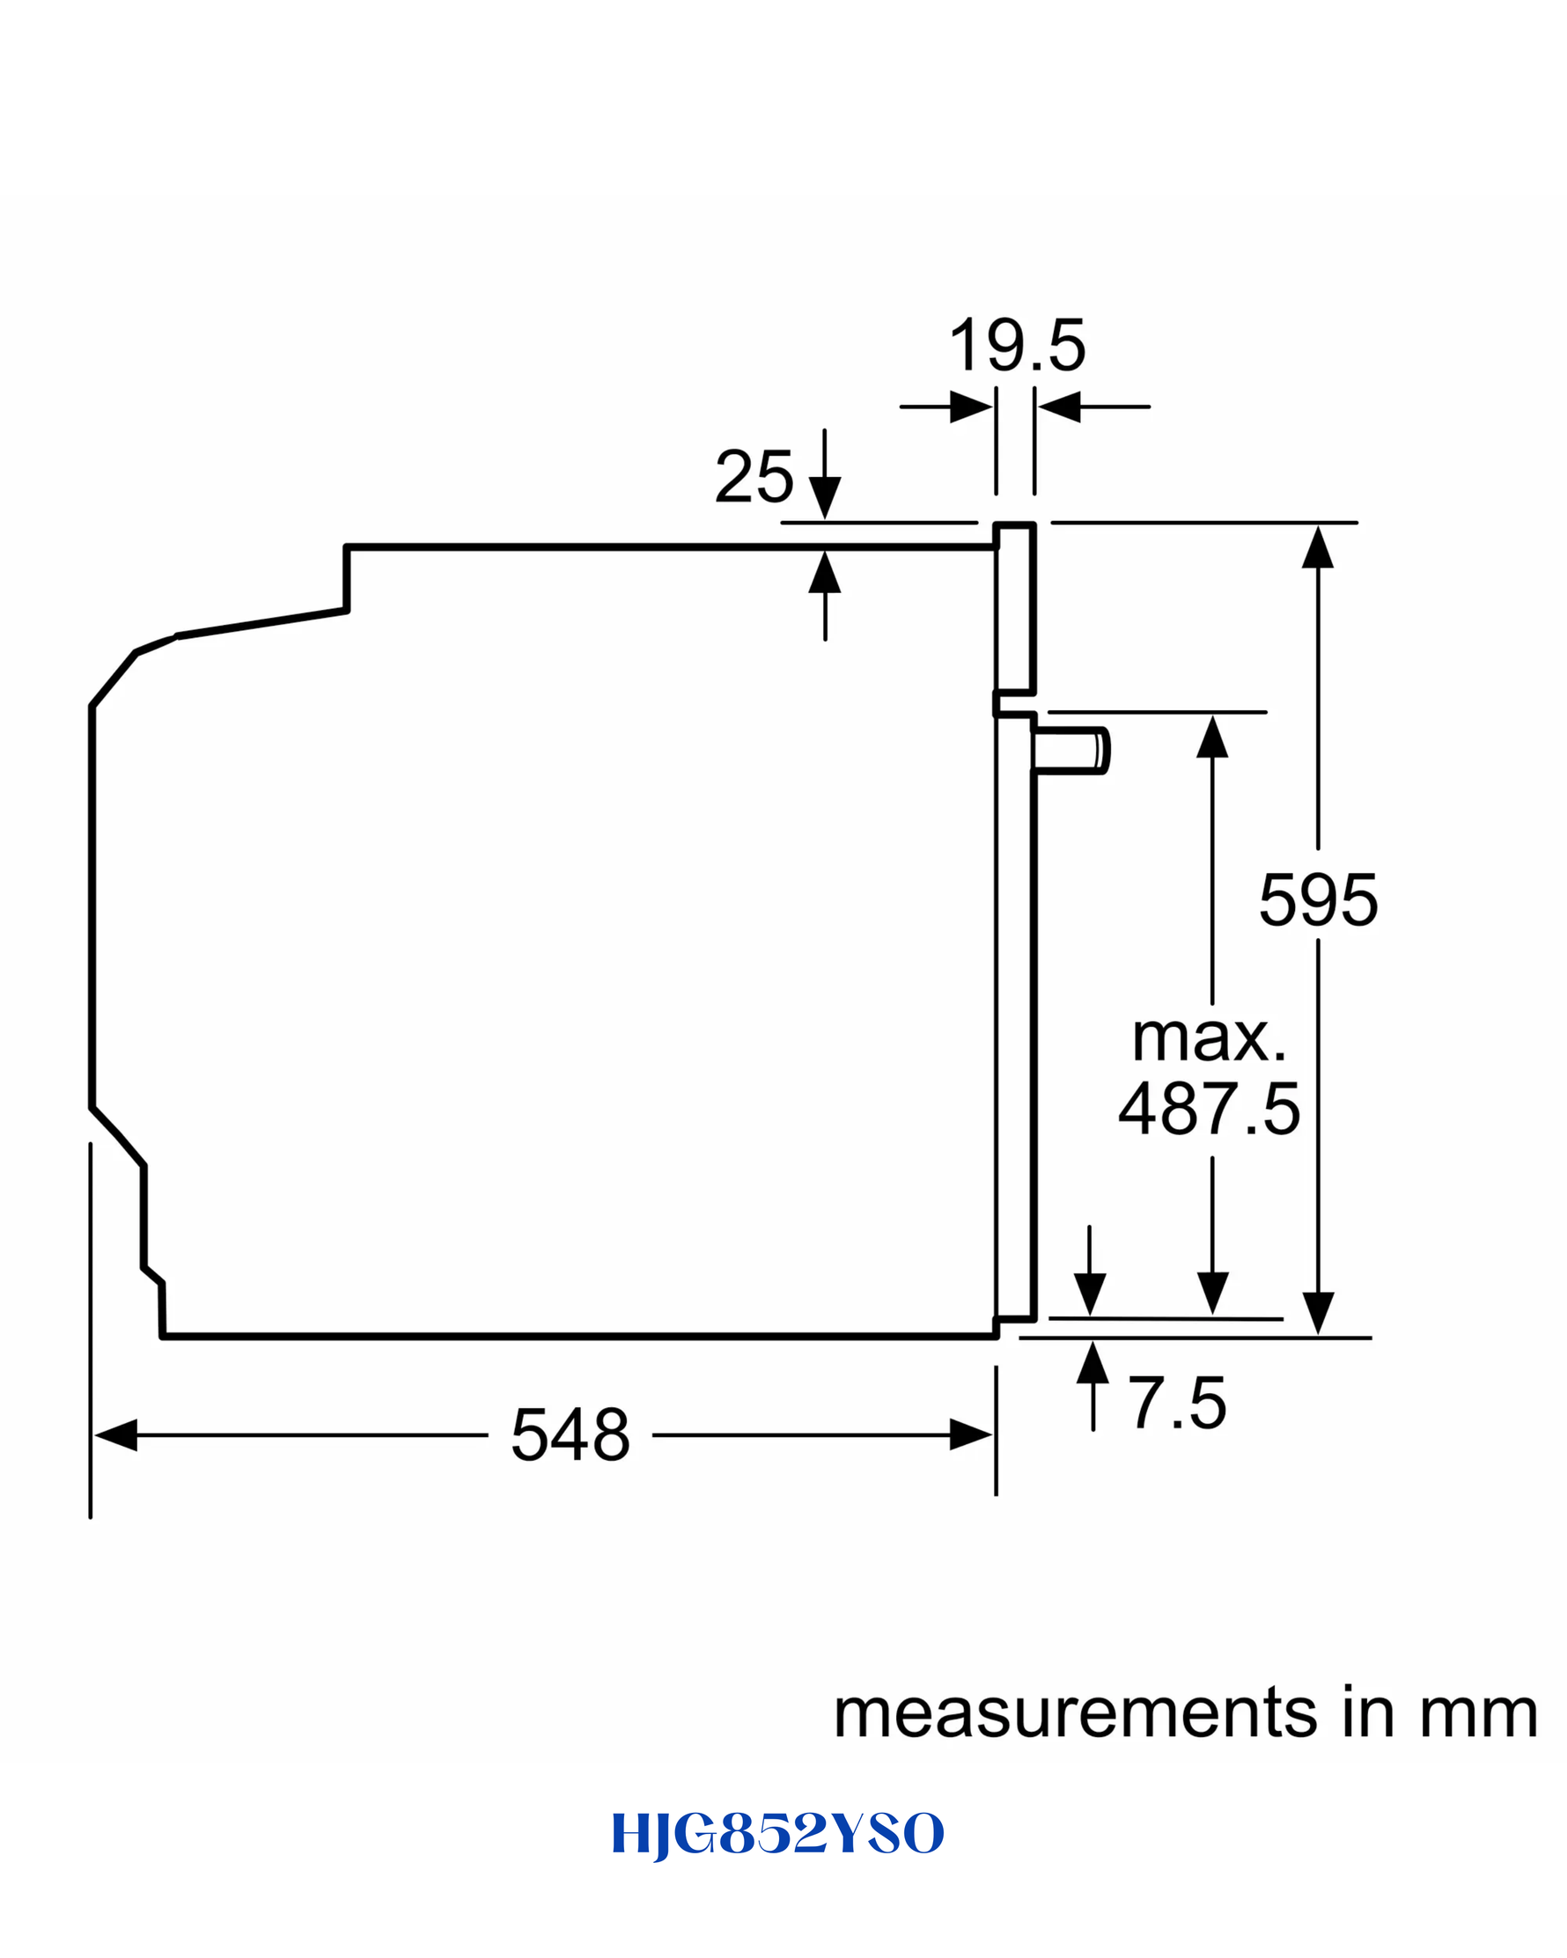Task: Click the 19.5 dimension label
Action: [x=1017, y=345]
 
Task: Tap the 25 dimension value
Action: [x=754, y=476]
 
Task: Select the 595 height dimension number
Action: [x=1318, y=899]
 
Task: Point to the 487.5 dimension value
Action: [x=1209, y=1108]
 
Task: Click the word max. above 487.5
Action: [x=1209, y=1038]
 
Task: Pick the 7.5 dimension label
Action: [x=1177, y=1403]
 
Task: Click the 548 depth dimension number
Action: [x=570, y=1435]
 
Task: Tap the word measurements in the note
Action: [x=1076, y=1713]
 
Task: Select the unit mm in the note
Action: [x=1478, y=1715]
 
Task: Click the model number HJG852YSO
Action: [x=778, y=1834]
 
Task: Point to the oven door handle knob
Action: [x=1072, y=751]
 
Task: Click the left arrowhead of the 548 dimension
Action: [x=115, y=1435]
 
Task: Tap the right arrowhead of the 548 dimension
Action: [x=971, y=1435]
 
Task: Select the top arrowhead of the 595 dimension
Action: [x=1318, y=546]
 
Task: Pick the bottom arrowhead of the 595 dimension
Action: [x=1318, y=1313]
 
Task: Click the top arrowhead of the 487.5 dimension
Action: [x=1213, y=737]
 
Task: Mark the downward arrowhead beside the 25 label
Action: [x=825, y=499]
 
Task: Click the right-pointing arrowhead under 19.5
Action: [x=971, y=407]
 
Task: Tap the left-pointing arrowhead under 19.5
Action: [x=1059, y=407]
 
